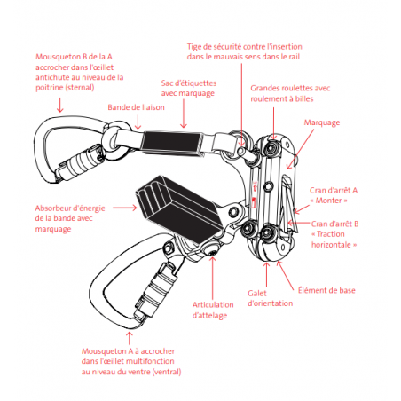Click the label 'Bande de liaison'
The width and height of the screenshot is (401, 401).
[x=136, y=107]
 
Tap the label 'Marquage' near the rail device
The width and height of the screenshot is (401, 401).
[x=322, y=122]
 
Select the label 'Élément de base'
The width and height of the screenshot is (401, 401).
[x=326, y=290]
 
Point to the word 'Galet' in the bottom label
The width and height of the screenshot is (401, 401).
[x=257, y=294]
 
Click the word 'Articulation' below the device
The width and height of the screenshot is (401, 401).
[x=213, y=305]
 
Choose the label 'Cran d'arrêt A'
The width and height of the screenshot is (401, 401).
[x=334, y=191]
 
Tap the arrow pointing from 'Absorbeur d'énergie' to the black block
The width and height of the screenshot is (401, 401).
[x=124, y=208]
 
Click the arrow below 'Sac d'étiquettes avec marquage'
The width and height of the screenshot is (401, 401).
[x=184, y=114]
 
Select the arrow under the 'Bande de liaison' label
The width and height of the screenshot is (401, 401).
[x=138, y=122]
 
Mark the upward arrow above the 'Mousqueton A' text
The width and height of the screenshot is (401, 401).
[x=130, y=338]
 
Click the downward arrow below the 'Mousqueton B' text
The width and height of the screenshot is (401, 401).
[x=60, y=105]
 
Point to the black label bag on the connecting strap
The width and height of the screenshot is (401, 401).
[x=173, y=143]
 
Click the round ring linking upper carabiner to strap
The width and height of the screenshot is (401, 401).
[x=116, y=140]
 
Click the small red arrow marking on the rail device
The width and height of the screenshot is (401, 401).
[x=255, y=187]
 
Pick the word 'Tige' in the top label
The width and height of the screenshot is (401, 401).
[x=194, y=47]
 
